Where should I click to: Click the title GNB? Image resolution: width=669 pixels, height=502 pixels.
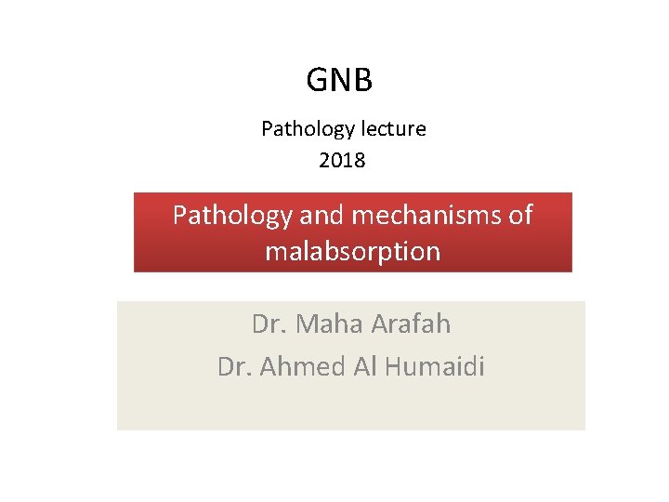tap(339, 81)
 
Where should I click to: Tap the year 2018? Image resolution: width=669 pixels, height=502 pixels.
tap(342, 160)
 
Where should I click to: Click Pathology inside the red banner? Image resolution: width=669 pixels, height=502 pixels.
tap(232, 216)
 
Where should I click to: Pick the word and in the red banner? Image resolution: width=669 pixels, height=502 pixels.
tap(320, 216)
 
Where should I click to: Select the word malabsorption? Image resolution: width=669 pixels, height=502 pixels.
tap(352, 251)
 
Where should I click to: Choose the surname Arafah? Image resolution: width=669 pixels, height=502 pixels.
tap(411, 324)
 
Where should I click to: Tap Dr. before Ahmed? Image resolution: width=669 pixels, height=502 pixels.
tap(235, 367)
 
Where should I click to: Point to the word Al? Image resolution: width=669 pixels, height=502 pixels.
tap(363, 367)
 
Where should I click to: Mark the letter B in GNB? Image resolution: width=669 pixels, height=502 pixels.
tap(363, 81)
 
